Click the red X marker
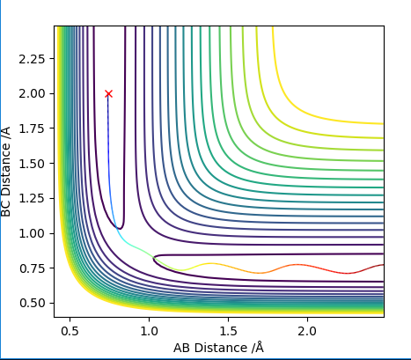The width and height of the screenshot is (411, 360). [x=108, y=93]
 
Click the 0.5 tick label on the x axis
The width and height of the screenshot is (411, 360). [x=70, y=331]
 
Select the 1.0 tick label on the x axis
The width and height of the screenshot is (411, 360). [x=149, y=331]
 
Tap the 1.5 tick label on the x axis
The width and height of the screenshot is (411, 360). [x=228, y=331]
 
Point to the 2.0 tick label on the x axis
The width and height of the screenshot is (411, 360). [x=307, y=331]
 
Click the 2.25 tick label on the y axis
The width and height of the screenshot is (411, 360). [x=32, y=59]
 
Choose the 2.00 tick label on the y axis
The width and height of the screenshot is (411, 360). [x=32, y=94]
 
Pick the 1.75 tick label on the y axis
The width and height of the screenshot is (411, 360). [x=32, y=129]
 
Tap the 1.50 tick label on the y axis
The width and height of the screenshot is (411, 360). [x=32, y=164]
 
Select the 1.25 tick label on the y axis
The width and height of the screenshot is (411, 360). [x=32, y=198]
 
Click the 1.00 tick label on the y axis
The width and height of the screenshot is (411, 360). [x=32, y=233]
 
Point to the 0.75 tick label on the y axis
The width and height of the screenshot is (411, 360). [x=32, y=268]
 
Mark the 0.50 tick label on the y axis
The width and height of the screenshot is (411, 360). [x=32, y=303]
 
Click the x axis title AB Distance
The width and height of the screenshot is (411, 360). [x=219, y=348]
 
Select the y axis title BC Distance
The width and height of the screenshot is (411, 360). [x=5, y=172]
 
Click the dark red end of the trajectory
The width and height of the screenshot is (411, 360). [x=383, y=265]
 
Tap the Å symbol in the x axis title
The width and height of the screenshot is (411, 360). [x=260, y=348]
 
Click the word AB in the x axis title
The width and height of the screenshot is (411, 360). [x=181, y=348]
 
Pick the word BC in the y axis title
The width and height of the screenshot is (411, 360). [x=5, y=209]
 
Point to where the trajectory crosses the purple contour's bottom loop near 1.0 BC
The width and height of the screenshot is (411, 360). [x=116, y=227]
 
